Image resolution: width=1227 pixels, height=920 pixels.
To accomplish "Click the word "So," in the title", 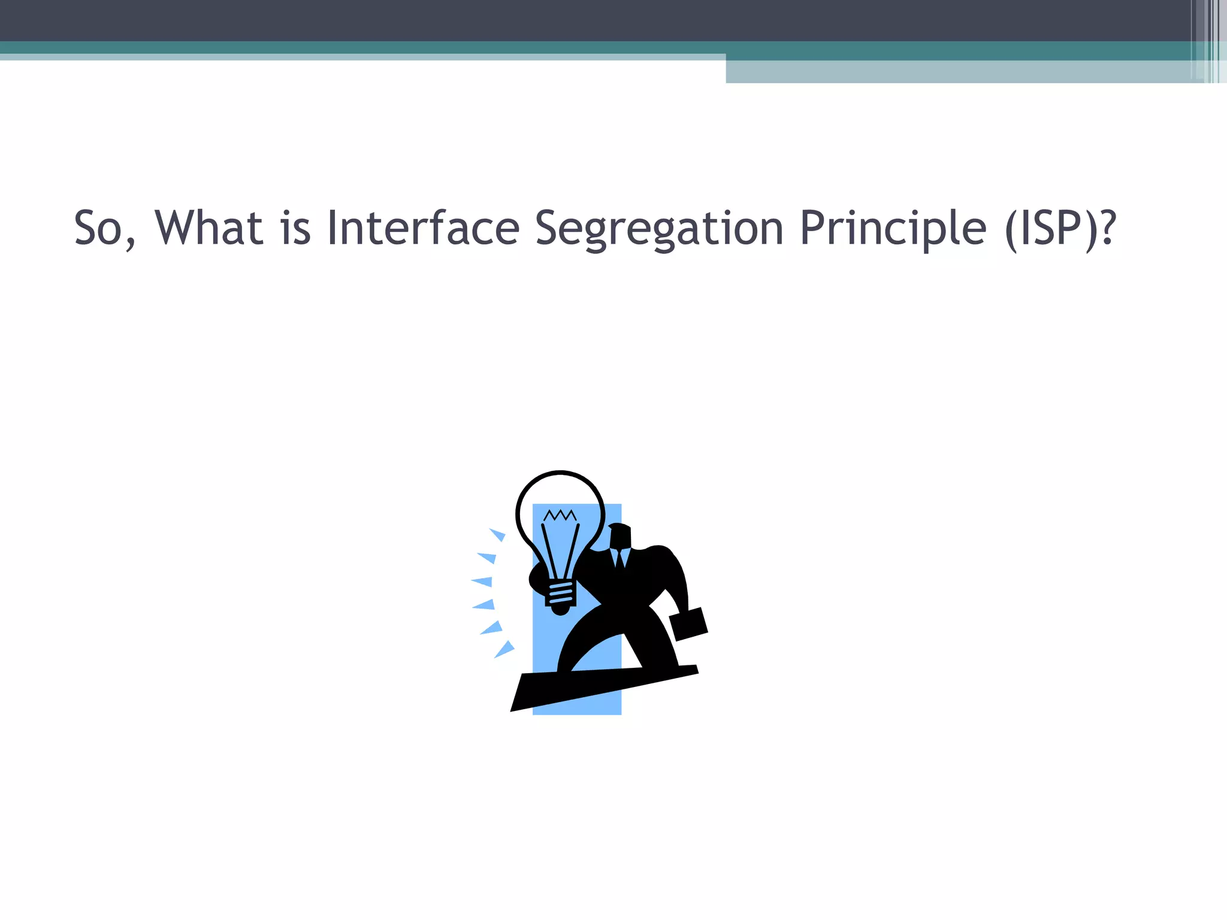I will pos(105,228).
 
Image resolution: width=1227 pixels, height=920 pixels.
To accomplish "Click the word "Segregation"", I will pos(659,229).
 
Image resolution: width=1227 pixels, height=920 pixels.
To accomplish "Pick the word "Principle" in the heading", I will pos(893,229).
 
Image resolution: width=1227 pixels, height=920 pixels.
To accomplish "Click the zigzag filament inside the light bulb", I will pos(560,515).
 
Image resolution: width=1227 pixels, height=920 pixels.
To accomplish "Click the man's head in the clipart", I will pos(620,536).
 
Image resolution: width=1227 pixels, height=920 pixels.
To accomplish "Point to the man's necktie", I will pos(620,558).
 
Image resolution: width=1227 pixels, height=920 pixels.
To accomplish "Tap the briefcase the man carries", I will pos(689,624).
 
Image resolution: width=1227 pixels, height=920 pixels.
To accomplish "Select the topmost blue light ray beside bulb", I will pos(497,534).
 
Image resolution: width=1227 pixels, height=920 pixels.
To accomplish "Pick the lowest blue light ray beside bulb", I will pos(504,649).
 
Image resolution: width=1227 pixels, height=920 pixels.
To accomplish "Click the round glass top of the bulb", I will pos(560,497).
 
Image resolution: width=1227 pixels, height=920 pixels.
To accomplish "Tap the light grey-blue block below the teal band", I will pos(959,72).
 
